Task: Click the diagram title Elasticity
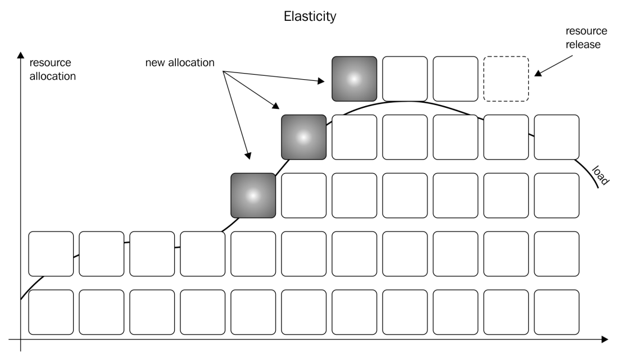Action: point(310,16)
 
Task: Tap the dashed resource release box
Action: point(506,79)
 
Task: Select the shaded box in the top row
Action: point(354,79)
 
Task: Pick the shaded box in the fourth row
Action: point(303,137)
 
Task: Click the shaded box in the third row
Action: point(253,195)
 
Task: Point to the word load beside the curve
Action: point(601,175)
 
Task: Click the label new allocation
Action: point(180,63)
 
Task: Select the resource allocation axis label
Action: point(52,70)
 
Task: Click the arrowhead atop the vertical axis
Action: point(21,54)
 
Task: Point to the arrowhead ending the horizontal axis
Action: point(604,339)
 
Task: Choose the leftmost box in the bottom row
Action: point(51,312)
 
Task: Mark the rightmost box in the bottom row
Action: point(556,312)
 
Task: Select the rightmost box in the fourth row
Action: point(556,137)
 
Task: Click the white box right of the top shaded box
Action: point(405,79)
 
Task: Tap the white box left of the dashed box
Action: point(455,79)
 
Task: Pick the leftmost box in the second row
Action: point(51,254)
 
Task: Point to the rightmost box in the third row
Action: point(556,195)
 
